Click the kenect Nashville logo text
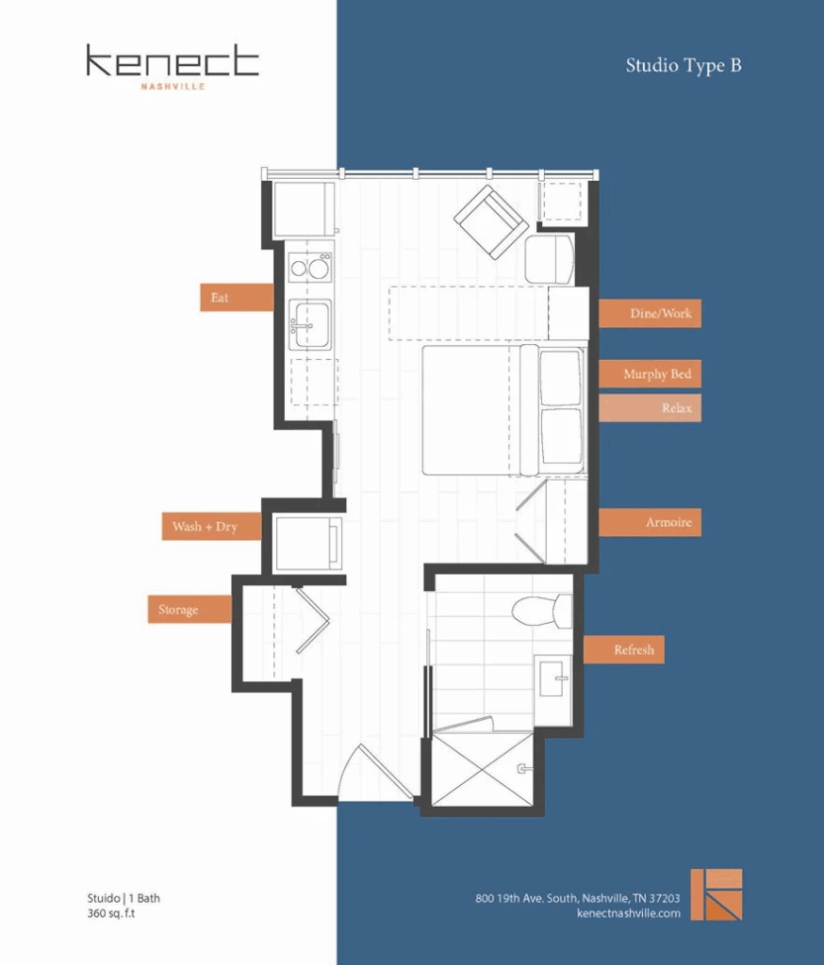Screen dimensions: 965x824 tap(172, 64)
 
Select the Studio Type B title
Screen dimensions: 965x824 tap(683, 66)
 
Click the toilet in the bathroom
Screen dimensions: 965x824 tap(543, 610)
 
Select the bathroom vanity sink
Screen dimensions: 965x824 tap(552, 677)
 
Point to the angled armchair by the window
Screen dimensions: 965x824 tap(490, 221)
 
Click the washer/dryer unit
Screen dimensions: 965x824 tap(307, 544)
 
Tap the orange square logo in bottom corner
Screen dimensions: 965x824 tap(717, 894)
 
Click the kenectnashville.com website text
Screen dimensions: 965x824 tap(627, 913)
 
